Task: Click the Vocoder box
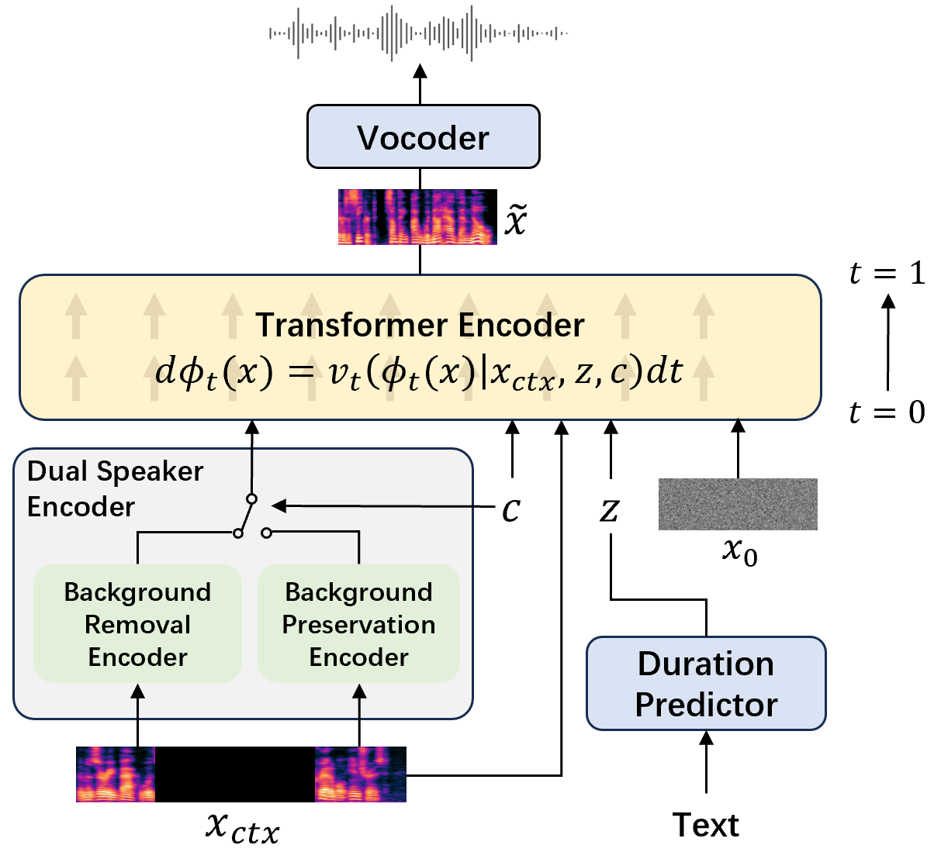(x=423, y=136)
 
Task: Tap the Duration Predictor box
(x=706, y=684)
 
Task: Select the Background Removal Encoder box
(x=137, y=623)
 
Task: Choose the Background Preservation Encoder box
(x=359, y=623)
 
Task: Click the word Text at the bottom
(x=705, y=825)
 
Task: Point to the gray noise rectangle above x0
(x=738, y=504)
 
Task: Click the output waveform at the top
(x=418, y=33)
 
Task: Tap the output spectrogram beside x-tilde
(x=417, y=216)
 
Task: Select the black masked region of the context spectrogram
(x=234, y=774)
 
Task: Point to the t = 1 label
(x=887, y=273)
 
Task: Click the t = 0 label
(x=887, y=412)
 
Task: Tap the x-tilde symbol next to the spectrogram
(x=516, y=219)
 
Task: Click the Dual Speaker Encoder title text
(x=115, y=488)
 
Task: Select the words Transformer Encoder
(x=420, y=325)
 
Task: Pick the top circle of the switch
(x=252, y=498)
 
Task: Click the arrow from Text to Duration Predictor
(x=706, y=762)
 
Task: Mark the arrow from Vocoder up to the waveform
(x=420, y=84)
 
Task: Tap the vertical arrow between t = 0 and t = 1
(x=887, y=343)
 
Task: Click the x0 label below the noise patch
(x=740, y=553)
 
